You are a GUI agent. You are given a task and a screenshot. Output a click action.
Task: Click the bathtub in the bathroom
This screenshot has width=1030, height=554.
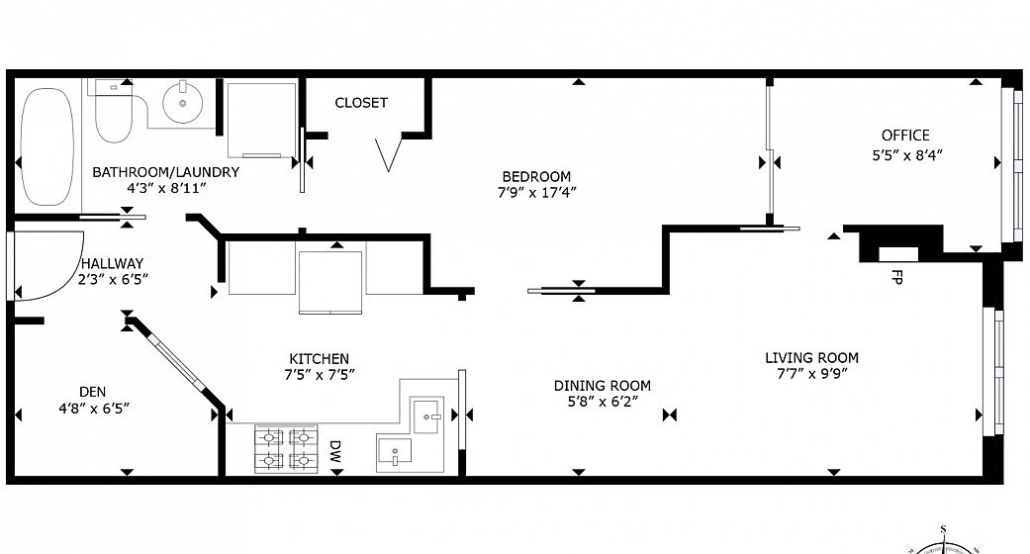46,146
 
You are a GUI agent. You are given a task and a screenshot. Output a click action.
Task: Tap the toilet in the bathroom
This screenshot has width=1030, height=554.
113,111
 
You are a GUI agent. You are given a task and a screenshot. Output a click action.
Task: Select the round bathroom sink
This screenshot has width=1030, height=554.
183,102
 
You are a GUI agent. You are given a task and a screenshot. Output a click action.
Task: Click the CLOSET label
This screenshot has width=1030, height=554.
361,103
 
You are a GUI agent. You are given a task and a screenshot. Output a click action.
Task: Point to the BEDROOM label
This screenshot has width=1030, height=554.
536,176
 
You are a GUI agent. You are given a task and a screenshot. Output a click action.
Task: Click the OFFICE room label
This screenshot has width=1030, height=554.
905,136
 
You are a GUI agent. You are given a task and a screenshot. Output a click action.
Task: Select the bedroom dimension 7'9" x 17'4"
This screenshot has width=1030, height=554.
536,193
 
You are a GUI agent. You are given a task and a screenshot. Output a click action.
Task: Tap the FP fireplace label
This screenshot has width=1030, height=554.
896,277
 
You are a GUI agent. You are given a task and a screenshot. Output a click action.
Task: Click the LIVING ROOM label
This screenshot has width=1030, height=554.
812,358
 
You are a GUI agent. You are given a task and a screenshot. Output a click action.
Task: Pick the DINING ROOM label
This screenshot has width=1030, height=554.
603,386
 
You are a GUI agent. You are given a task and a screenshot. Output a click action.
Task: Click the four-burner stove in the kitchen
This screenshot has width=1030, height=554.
286,449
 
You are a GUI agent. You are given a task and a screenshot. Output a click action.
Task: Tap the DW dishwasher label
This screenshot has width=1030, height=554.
335,451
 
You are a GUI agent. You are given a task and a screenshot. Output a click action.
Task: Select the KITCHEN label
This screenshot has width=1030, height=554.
320,359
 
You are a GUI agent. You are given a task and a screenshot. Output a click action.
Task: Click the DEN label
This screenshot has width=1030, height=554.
93,392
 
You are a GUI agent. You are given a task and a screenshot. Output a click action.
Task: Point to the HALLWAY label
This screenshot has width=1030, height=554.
113,263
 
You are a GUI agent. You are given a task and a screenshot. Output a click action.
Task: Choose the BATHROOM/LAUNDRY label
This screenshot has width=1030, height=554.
165,172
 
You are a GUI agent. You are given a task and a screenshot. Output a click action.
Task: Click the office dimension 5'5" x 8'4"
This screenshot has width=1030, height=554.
907,155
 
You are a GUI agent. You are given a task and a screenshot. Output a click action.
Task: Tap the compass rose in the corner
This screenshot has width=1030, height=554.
943,543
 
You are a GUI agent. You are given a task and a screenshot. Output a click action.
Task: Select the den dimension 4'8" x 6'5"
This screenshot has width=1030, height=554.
94,409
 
